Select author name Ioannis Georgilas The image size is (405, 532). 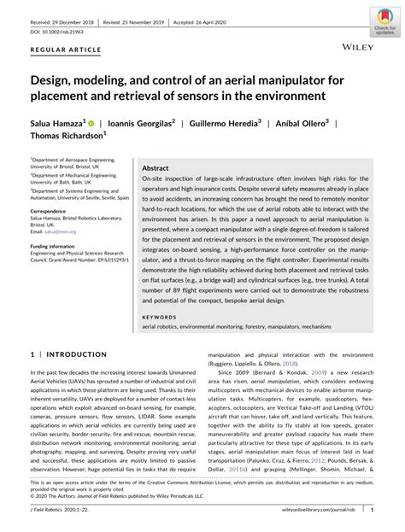pyautogui.click(x=141, y=122)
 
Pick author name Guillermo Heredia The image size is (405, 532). pyautogui.click(x=225, y=122)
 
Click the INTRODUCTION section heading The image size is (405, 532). pyautogui.click(x=73, y=353)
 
